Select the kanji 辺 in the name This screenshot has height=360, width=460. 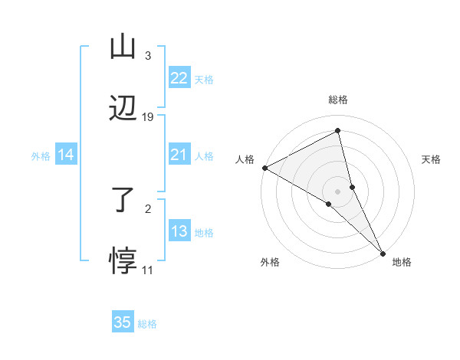click(x=123, y=109)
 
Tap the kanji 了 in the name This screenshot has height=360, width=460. click(x=123, y=199)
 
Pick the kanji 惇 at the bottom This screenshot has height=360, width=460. click(x=123, y=261)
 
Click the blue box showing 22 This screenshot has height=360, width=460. click(x=179, y=78)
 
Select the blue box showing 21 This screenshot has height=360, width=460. click(x=179, y=155)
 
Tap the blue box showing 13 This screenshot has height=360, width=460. click(x=179, y=231)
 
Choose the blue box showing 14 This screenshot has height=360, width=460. click(x=66, y=155)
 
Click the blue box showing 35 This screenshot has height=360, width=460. click(x=123, y=322)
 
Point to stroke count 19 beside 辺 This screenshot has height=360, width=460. click(x=148, y=117)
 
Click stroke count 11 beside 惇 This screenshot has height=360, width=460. click(x=147, y=270)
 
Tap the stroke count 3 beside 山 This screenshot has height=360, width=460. click(x=147, y=55)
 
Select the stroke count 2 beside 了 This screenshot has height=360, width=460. click(x=147, y=208)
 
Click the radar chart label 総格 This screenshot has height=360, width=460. click(x=338, y=100)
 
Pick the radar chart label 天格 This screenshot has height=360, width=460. click(x=432, y=159)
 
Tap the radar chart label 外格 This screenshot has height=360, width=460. click(x=270, y=262)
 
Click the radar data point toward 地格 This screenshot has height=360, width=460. click(x=382, y=251)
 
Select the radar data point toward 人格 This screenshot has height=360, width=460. click(x=264, y=168)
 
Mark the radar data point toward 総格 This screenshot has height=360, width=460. click(x=338, y=130)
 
